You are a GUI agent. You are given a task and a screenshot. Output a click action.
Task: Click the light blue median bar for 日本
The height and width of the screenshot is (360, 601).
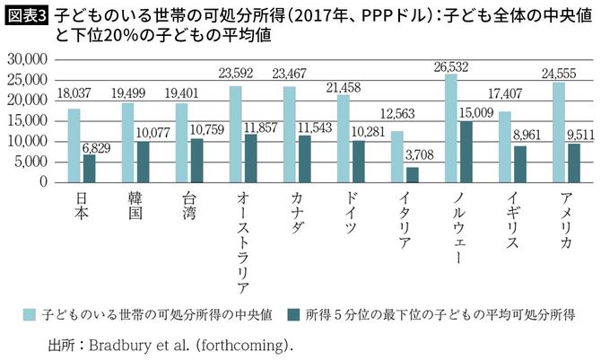click(x=74, y=145)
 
